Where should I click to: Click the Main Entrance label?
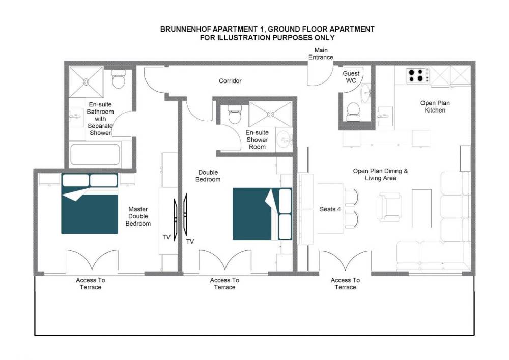[321, 53]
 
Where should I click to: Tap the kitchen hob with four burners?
[417, 75]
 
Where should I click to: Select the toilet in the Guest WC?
[353, 112]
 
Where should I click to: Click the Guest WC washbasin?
[365, 93]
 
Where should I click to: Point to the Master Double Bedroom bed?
[90, 204]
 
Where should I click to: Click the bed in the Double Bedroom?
[262, 214]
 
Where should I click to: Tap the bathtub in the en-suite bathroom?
[95, 154]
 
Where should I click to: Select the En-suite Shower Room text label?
[257, 140]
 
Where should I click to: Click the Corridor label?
[230, 81]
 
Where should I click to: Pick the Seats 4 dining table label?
[330, 209]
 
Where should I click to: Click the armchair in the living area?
[389, 207]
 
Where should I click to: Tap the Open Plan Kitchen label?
[435, 106]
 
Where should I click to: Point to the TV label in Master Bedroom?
[166, 237]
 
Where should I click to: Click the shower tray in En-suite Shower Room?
[270, 114]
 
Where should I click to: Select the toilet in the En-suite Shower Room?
[234, 114]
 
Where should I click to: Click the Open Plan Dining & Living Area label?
[380, 174]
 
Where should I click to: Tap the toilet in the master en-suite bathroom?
[119, 79]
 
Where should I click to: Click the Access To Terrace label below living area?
[346, 284]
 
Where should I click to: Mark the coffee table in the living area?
[421, 208]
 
